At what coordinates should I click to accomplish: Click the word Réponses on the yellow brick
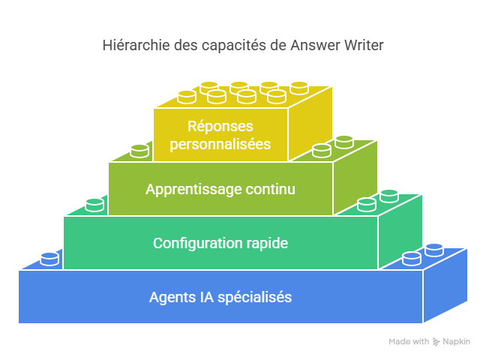(220, 126)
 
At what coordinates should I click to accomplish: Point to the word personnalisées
(220, 143)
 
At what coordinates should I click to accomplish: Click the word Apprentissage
(193, 189)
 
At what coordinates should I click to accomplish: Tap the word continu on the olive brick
(270, 189)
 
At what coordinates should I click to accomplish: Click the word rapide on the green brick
(265, 243)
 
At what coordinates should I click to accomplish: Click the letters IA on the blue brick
(204, 297)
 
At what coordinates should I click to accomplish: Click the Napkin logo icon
(436, 342)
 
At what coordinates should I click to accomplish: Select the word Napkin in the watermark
(457, 342)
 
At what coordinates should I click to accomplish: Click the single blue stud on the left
(49, 259)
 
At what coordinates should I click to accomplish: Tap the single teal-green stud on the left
(94, 205)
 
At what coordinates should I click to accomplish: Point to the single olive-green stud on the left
(139, 151)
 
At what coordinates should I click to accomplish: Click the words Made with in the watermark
(409, 342)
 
